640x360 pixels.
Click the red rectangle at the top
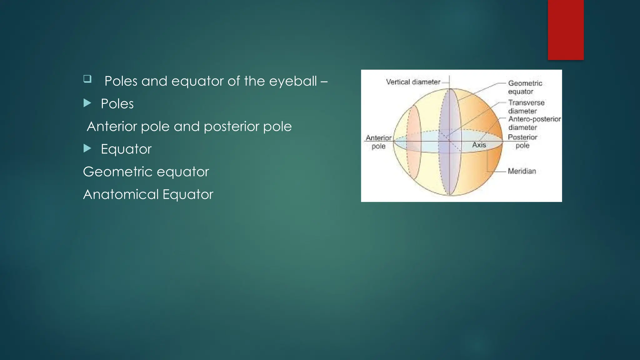point(566,30)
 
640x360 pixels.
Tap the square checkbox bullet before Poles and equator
point(87,78)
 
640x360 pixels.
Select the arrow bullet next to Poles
point(87,103)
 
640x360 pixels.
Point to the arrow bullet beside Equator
point(87,148)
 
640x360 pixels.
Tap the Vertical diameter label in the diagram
point(413,82)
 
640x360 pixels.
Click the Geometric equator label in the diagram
point(525,87)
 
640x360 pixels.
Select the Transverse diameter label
point(526,107)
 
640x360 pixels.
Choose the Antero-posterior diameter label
point(534,123)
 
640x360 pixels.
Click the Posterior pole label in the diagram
point(522,141)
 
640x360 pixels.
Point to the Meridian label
point(522,171)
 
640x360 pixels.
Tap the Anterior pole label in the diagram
point(378,142)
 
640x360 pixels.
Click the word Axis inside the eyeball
point(479,145)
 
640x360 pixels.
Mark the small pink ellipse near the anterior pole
point(414,142)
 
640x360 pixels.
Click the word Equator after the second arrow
point(126,149)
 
